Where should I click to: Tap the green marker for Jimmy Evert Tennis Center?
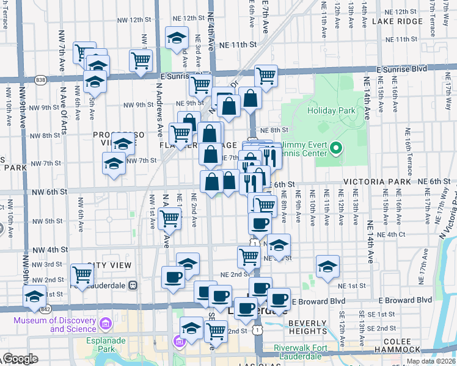[335, 148]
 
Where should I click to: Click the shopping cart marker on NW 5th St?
[169, 218]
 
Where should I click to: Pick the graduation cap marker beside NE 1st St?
[327, 267]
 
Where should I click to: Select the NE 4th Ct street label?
[392, 234]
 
